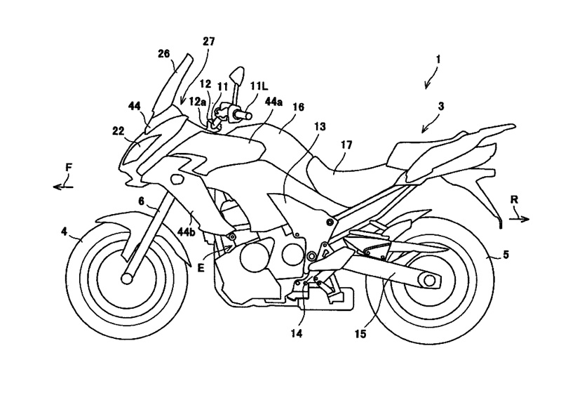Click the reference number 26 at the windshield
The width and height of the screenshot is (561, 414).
165,54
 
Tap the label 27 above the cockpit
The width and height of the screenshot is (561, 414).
208,41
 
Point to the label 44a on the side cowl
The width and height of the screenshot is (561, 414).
273,102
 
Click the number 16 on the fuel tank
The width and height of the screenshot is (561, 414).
298,107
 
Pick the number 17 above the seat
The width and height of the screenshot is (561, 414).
346,145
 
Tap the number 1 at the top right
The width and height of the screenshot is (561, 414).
438,60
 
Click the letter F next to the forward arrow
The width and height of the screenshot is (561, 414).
69,167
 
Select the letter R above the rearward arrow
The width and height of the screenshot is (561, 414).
515,200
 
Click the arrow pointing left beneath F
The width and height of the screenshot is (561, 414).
63,186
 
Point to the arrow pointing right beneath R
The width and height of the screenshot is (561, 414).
519,219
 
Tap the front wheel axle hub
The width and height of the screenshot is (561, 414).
127,279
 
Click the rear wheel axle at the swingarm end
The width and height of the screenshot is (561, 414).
429,281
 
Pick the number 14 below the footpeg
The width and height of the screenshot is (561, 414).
297,333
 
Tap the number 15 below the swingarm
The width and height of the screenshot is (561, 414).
360,334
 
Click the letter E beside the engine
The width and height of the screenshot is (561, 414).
201,267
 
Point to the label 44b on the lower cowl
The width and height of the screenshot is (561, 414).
187,233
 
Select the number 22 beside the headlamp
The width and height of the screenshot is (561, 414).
118,131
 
